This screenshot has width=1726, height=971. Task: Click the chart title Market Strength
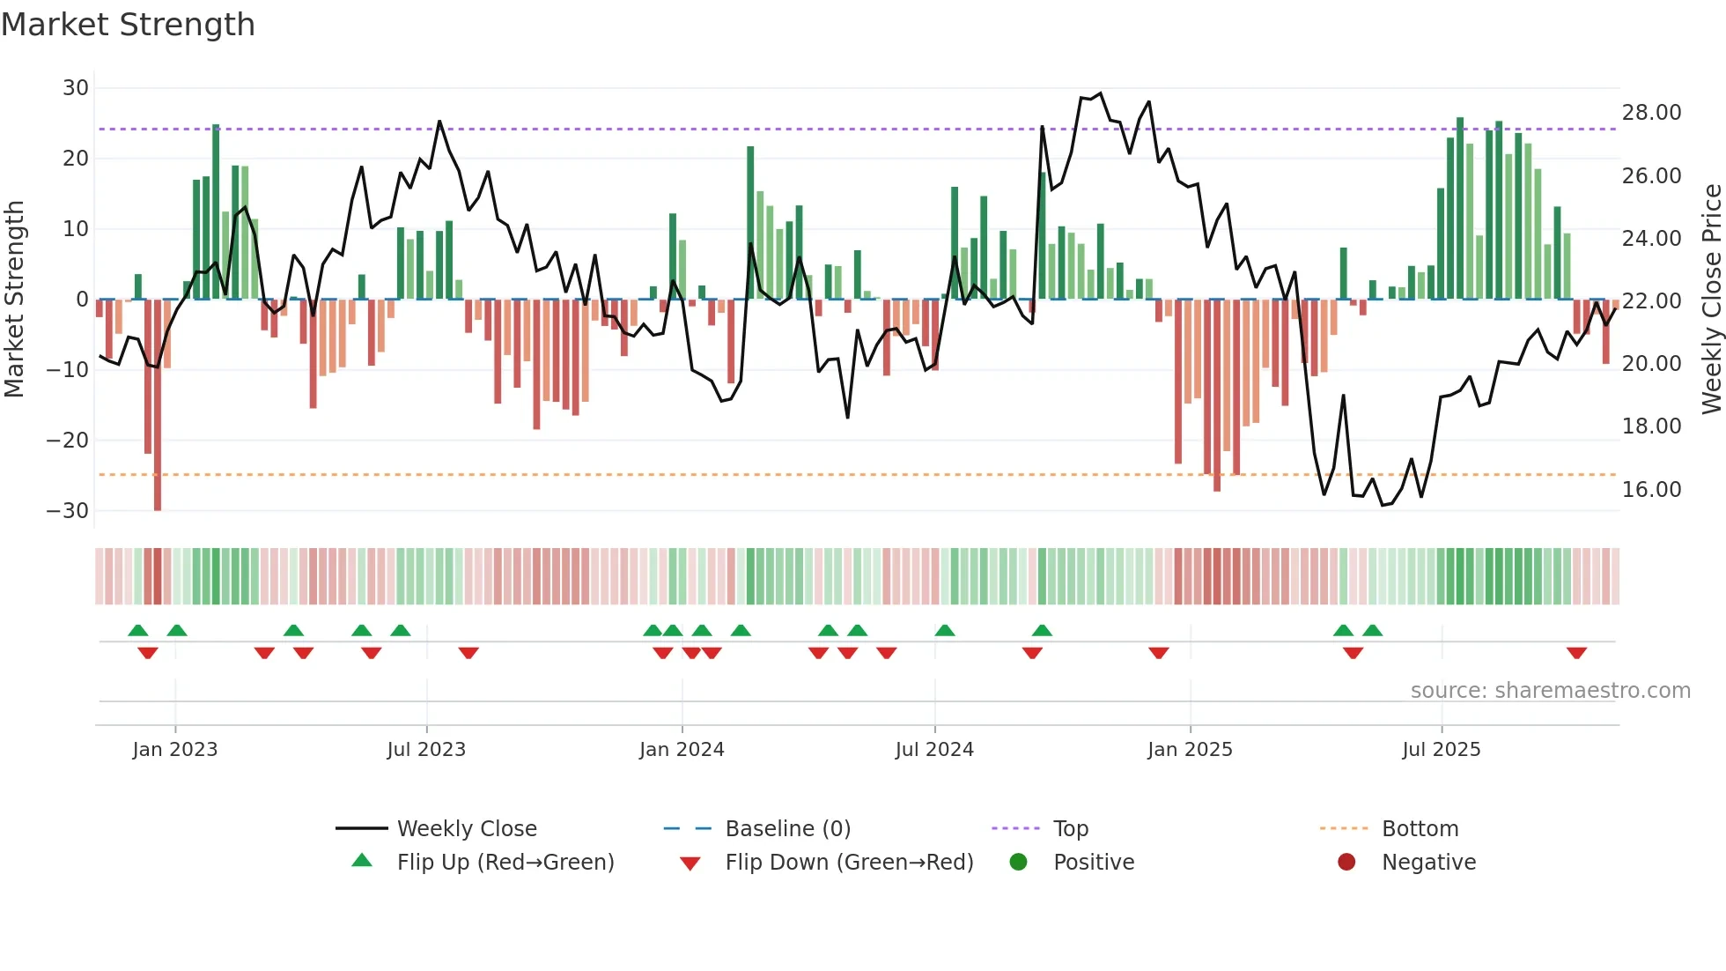[128, 25]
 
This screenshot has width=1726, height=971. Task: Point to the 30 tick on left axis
[76, 88]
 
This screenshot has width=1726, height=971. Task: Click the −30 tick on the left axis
[68, 511]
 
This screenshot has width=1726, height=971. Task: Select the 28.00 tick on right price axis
[1651, 113]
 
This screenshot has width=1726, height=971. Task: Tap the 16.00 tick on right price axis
[1651, 490]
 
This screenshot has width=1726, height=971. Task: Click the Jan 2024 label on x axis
[682, 750]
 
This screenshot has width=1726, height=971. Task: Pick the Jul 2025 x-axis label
[1441, 750]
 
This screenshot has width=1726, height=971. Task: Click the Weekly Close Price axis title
[1711, 299]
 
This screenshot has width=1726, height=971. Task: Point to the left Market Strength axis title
[14, 299]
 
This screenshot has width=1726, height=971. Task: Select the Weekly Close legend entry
[466, 829]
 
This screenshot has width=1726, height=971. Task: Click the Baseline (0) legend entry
[787, 829]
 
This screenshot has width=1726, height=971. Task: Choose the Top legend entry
[1070, 829]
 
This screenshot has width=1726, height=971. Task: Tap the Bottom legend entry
[1420, 829]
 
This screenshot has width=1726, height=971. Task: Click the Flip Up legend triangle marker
[362, 861]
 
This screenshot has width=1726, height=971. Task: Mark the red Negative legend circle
[1346, 862]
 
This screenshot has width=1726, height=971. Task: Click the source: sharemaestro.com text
[1550, 691]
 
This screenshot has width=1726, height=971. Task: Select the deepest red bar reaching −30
[158, 405]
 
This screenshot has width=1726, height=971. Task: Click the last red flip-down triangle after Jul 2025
[1576, 653]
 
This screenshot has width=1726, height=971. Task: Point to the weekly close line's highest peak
[1100, 93]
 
